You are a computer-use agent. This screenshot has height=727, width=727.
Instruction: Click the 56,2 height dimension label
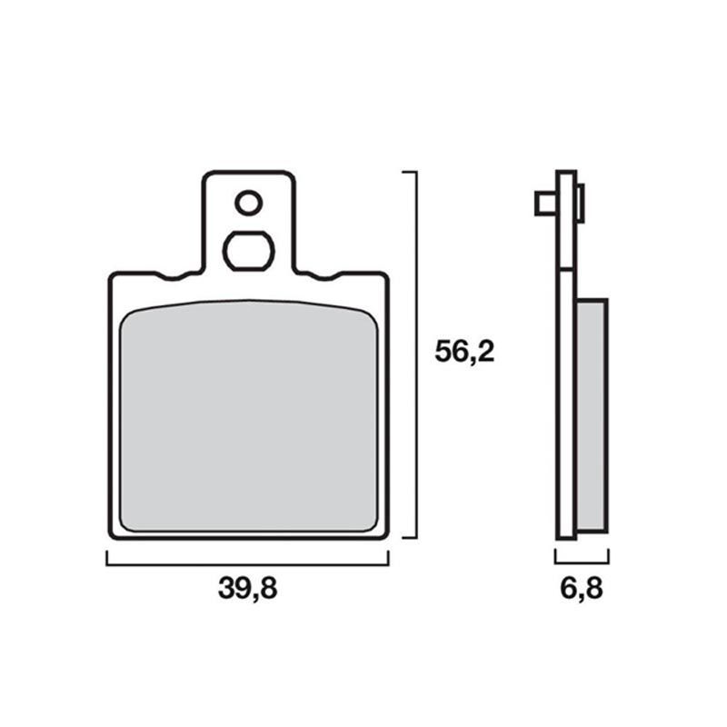(x=464, y=352)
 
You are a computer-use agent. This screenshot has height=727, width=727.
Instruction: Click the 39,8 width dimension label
(x=247, y=589)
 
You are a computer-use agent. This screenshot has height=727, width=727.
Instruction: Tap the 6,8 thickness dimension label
(x=582, y=589)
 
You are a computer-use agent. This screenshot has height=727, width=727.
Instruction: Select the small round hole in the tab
(x=248, y=203)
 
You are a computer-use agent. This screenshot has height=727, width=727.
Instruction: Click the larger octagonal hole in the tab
(x=248, y=251)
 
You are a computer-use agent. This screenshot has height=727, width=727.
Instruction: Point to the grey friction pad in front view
(x=249, y=416)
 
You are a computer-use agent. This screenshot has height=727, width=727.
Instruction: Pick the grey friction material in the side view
(x=592, y=416)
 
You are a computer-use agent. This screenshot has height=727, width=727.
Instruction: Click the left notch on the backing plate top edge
(x=173, y=276)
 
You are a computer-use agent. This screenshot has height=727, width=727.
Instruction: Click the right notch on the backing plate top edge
(x=325, y=276)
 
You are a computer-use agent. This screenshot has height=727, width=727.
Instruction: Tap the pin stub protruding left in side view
(x=546, y=204)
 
